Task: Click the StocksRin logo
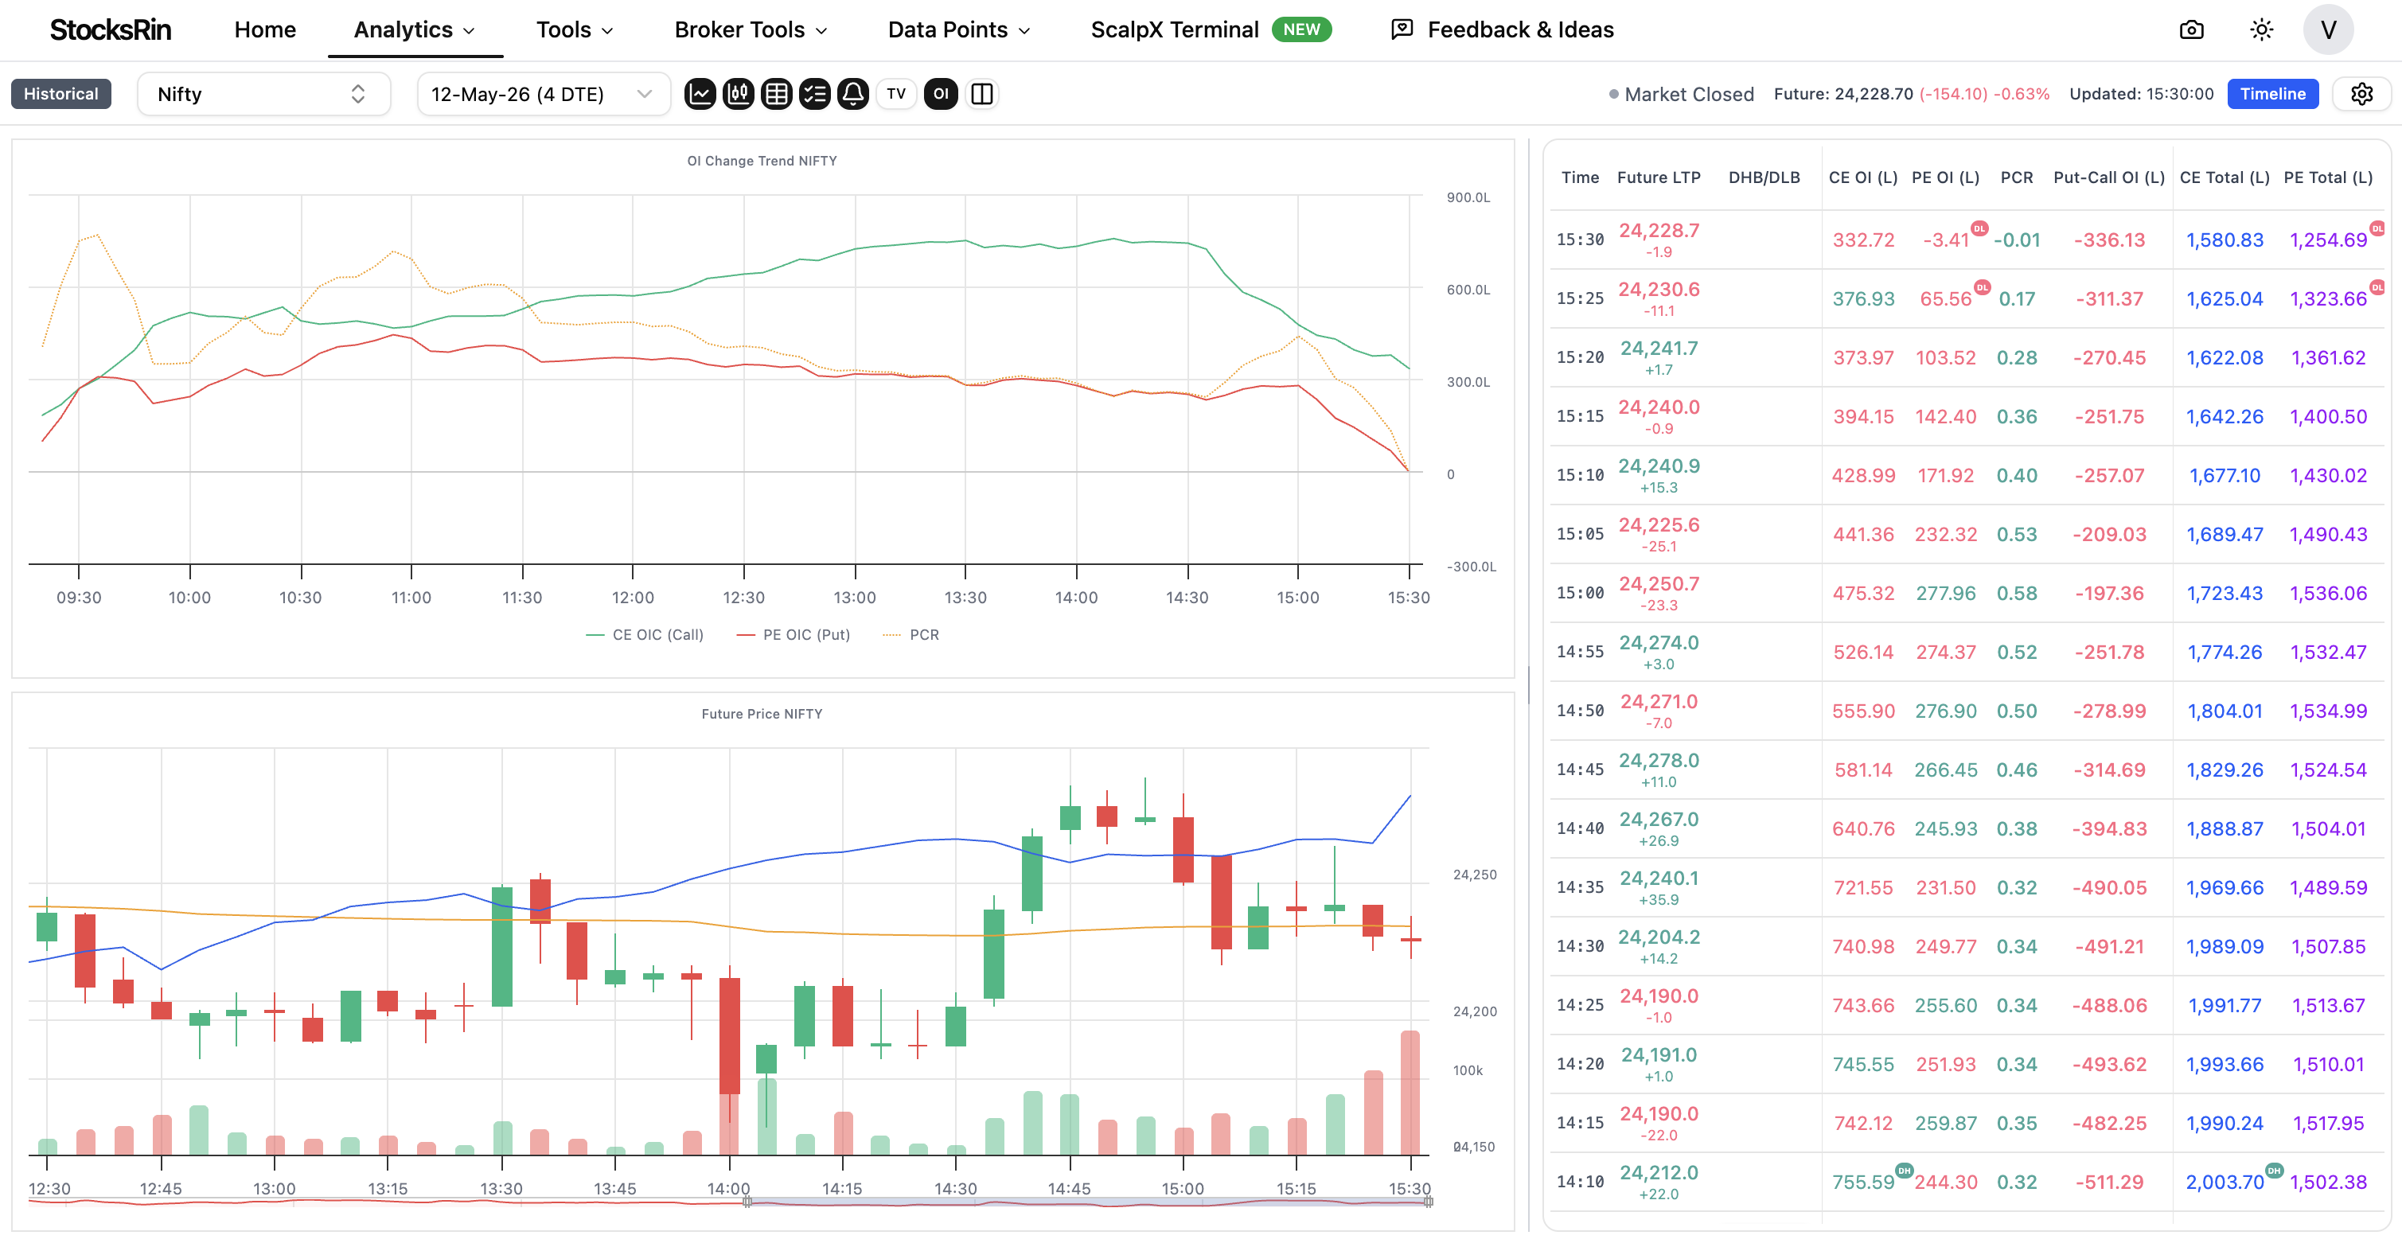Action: click(110, 29)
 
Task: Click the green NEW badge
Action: click(1300, 29)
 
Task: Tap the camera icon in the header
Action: click(2191, 29)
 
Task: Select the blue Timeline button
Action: click(2272, 93)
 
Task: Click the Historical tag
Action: click(60, 93)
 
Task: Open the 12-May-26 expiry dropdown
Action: click(543, 94)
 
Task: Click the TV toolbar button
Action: click(896, 93)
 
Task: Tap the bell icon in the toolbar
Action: click(852, 93)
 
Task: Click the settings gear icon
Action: click(2361, 93)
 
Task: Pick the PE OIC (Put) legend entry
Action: click(794, 635)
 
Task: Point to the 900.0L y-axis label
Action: click(1468, 197)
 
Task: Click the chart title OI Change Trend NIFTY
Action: click(762, 161)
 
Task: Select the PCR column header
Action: click(2017, 177)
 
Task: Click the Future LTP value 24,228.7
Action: click(1659, 230)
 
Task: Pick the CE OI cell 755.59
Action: click(1863, 1183)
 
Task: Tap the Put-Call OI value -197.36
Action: click(2109, 593)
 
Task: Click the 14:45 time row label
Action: click(1580, 770)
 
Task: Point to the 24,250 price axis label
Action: click(1475, 875)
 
